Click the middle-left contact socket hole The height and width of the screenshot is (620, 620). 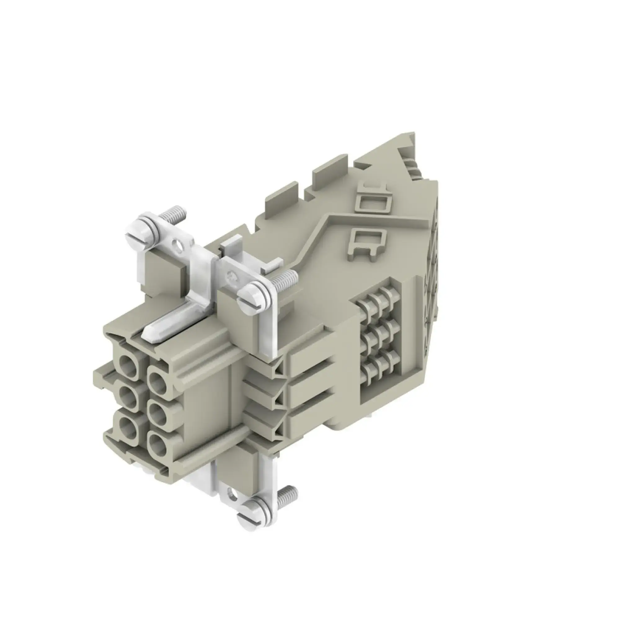point(128,398)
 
